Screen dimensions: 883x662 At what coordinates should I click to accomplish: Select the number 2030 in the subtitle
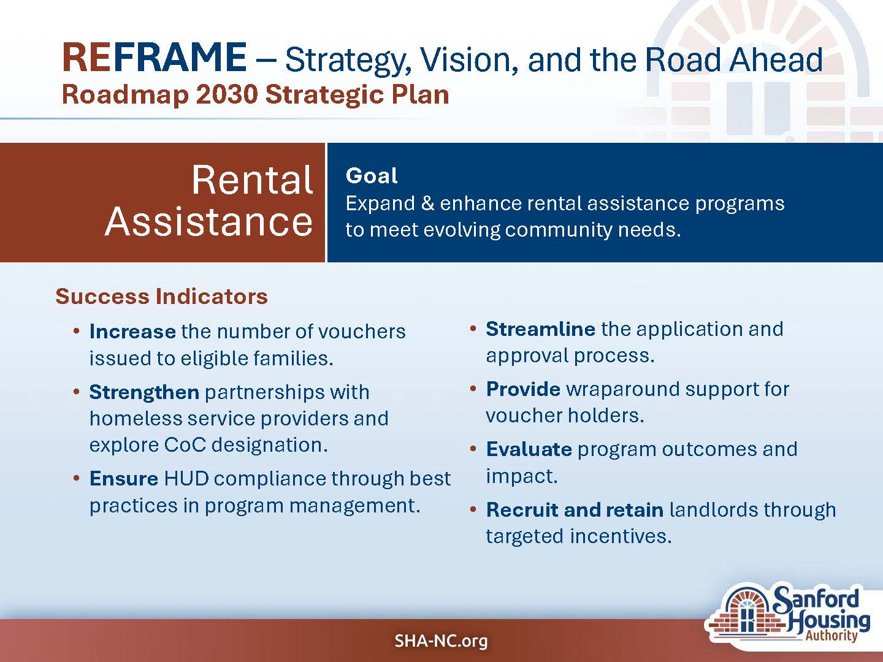coord(227,94)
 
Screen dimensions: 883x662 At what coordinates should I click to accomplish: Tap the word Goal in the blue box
coord(372,176)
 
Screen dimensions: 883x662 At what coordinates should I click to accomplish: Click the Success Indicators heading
coord(161,296)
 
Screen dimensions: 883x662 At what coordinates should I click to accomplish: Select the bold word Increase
coord(132,332)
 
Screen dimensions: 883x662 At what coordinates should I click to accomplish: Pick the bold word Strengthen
coord(144,392)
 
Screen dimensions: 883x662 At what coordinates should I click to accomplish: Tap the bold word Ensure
coord(124,478)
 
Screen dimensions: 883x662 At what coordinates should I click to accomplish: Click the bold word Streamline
coord(541,329)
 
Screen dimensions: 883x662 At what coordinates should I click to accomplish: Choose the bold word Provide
coord(523,389)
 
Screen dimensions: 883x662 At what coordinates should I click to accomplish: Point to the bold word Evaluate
coord(529,449)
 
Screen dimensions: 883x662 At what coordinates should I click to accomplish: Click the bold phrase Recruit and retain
coord(575,509)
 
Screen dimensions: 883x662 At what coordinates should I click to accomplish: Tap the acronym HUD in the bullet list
coord(186,478)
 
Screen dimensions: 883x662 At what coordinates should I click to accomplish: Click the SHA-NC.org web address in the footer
coord(441,641)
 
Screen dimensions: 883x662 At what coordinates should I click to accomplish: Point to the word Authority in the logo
coord(831,636)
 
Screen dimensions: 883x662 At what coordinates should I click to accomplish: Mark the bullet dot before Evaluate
coord(473,449)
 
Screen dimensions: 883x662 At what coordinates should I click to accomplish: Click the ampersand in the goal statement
coord(427,204)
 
